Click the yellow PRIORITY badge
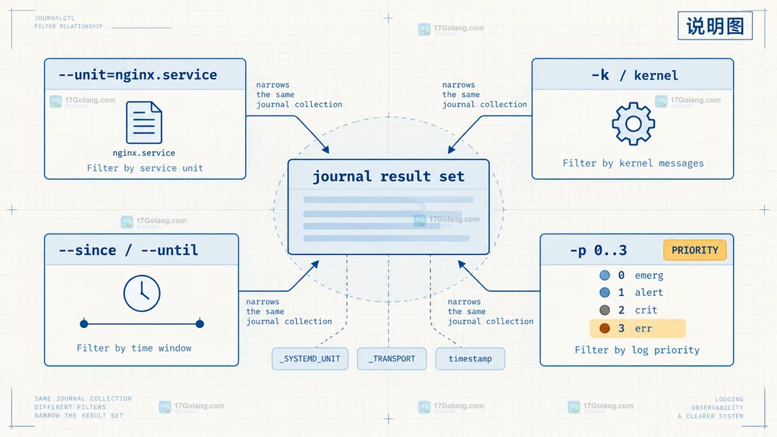pyautogui.click(x=695, y=250)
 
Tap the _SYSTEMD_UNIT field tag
pyautogui.click(x=310, y=359)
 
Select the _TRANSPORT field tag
pyautogui.click(x=392, y=359)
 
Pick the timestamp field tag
pyautogui.click(x=470, y=359)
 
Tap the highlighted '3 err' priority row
pyautogui.click(x=637, y=328)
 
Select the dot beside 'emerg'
pyautogui.click(x=605, y=275)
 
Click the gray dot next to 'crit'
pyautogui.click(x=605, y=310)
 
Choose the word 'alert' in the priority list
pyautogui.click(x=649, y=292)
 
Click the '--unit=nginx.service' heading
pyautogui.click(x=138, y=75)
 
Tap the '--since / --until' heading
pyautogui.click(x=128, y=250)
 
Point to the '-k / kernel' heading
pyautogui.click(x=634, y=75)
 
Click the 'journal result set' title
pyautogui.click(x=388, y=176)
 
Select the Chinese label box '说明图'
pyautogui.click(x=715, y=26)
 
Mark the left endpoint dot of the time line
pyautogui.click(x=84, y=324)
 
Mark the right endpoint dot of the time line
pyautogui.click(x=200, y=324)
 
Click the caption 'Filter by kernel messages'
pyautogui.click(x=633, y=164)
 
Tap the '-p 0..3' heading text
pyautogui.click(x=598, y=250)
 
